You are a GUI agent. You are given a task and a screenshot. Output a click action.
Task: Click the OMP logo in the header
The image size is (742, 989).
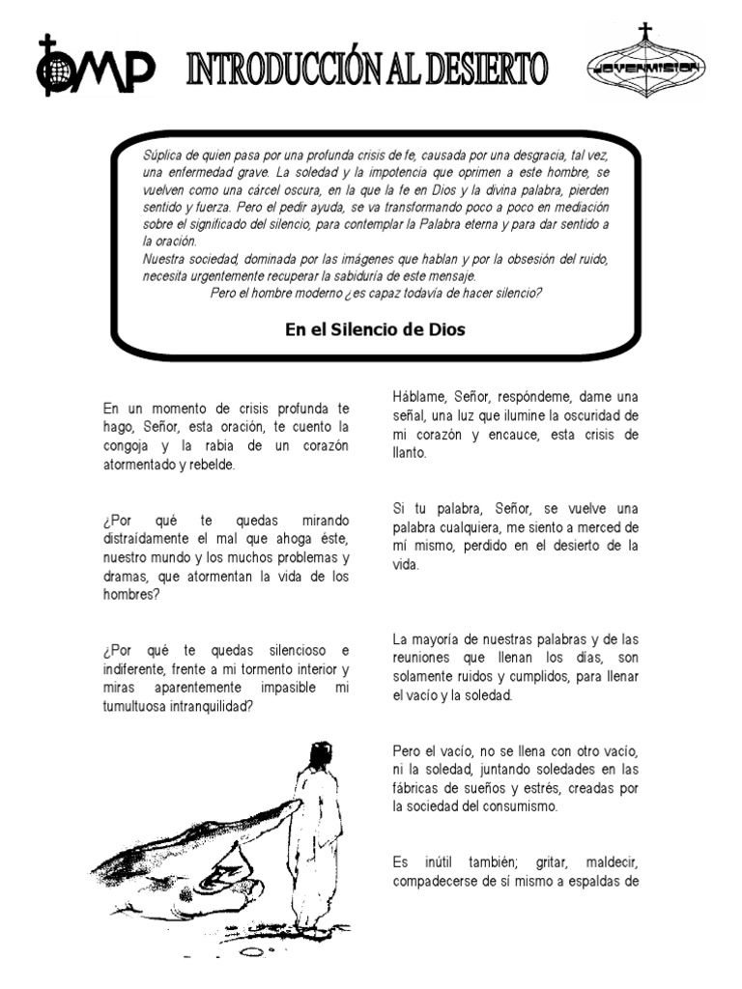tap(96, 66)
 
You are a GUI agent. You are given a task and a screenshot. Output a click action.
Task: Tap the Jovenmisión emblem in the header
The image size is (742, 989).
tap(645, 66)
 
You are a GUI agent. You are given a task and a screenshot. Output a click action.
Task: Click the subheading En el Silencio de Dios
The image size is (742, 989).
tap(375, 329)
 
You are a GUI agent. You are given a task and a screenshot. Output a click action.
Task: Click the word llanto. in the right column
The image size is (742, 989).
tap(410, 452)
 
